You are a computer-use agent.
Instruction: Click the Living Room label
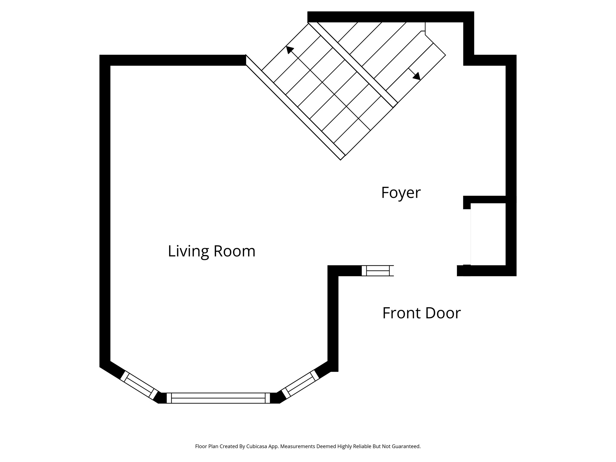(x=211, y=251)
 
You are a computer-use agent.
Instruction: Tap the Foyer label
(x=401, y=193)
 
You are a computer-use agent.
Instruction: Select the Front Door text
(x=421, y=313)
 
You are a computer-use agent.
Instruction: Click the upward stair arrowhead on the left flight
(x=289, y=50)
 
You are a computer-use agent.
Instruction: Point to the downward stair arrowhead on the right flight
(x=417, y=76)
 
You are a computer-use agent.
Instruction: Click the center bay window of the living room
(x=218, y=398)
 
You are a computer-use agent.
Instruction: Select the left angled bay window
(x=139, y=385)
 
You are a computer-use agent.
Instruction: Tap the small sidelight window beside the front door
(x=377, y=271)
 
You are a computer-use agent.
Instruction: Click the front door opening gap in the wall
(x=425, y=271)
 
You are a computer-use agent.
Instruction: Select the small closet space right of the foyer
(x=488, y=234)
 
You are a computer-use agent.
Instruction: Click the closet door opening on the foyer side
(x=467, y=237)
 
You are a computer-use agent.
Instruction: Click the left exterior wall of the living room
(x=105, y=211)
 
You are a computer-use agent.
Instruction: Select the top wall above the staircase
(x=388, y=17)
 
